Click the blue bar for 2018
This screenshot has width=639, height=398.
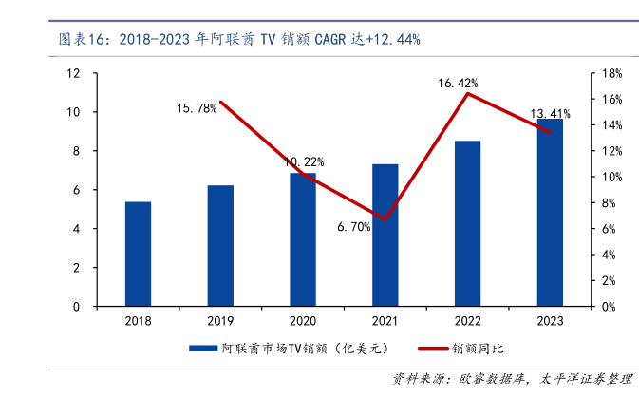138,255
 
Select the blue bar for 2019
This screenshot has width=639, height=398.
220,246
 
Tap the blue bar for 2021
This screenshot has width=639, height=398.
385,236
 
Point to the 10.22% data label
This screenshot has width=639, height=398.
305,161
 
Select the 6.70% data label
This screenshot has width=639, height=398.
353,226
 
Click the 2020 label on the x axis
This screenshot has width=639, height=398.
303,322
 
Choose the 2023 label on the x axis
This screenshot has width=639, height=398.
550,322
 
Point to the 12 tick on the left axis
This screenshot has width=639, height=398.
73,73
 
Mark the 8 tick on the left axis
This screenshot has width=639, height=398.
76,151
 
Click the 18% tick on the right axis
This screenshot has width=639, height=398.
612,73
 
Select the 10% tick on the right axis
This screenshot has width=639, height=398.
612,178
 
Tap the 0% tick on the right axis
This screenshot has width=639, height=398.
610,307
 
